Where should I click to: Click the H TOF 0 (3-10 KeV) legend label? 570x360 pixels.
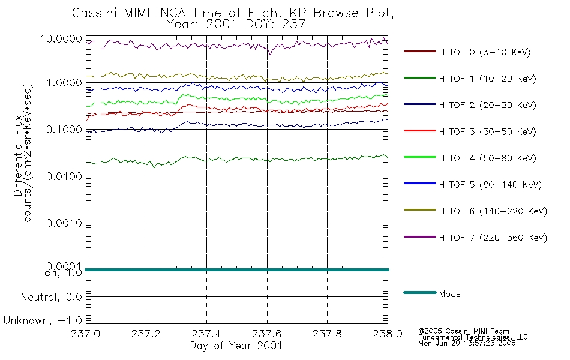point(485,52)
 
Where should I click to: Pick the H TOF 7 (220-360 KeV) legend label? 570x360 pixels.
point(493,238)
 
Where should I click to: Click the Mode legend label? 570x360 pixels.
point(450,294)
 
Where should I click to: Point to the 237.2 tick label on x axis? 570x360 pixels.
point(146,334)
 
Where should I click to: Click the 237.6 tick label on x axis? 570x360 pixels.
point(267,334)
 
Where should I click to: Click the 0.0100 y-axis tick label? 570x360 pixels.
point(65,176)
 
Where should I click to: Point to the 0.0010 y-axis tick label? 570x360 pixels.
point(65,223)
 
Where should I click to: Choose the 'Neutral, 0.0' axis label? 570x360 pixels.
point(50,297)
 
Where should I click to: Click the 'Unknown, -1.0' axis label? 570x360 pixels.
point(43,320)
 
